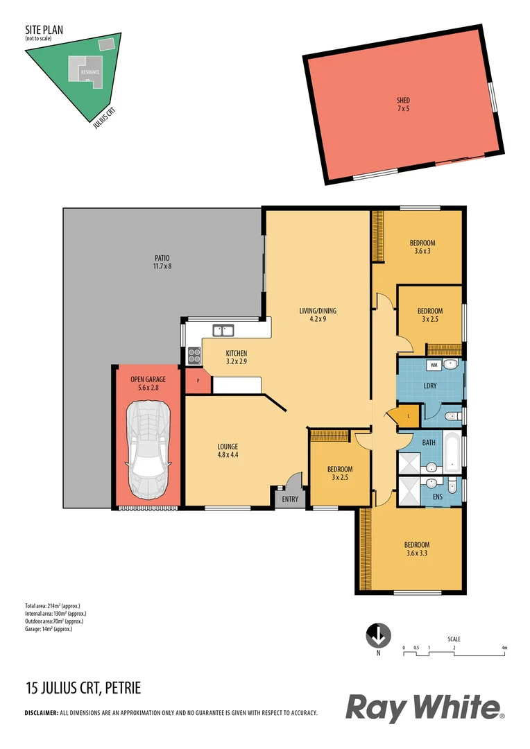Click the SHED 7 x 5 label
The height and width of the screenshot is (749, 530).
coord(402,105)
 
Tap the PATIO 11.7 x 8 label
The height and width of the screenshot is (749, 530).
coord(162,261)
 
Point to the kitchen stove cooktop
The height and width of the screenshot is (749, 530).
coord(194,356)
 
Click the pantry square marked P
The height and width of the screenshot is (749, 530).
coord(198,381)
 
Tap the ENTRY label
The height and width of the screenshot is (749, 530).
coord(290,499)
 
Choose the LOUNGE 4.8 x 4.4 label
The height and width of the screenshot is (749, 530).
coord(228,451)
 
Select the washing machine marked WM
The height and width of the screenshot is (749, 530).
coord(434,365)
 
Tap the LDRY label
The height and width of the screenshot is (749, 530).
coord(430,385)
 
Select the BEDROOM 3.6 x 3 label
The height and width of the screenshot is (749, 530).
coord(422,247)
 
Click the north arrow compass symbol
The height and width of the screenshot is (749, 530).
coord(378,635)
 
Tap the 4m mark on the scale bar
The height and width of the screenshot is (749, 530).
coord(505,648)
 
